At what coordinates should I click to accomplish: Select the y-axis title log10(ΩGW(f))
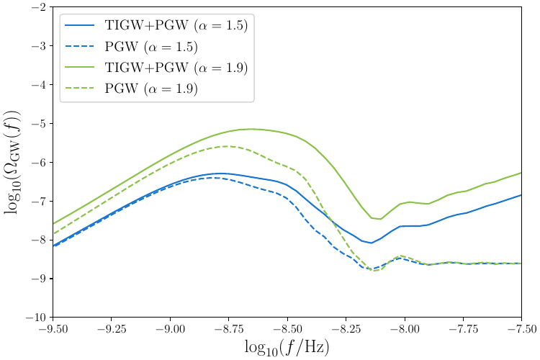[x=13, y=162]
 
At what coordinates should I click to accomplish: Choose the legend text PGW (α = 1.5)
[x=151, y=46]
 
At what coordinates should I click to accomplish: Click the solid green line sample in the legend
[x=81, y=68]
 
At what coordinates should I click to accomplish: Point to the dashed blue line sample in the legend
[x=81, y=46]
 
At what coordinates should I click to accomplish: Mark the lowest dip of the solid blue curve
[x=371, y=243]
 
